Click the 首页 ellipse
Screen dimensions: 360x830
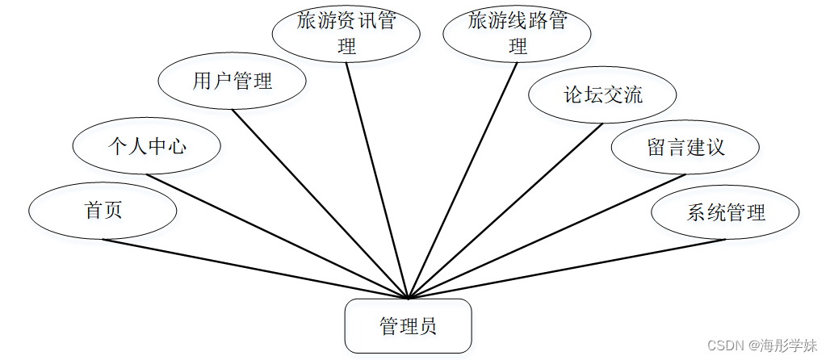(103, 211)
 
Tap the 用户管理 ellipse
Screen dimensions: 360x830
(233, 81)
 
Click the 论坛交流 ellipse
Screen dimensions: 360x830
(602, 94)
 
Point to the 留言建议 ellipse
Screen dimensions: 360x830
(685, 147)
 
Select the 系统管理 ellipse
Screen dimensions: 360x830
(725, 213)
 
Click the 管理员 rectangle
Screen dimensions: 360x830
(408, 326)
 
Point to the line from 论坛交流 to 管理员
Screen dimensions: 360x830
(505, 210)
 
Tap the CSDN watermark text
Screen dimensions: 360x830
(762, 345)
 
